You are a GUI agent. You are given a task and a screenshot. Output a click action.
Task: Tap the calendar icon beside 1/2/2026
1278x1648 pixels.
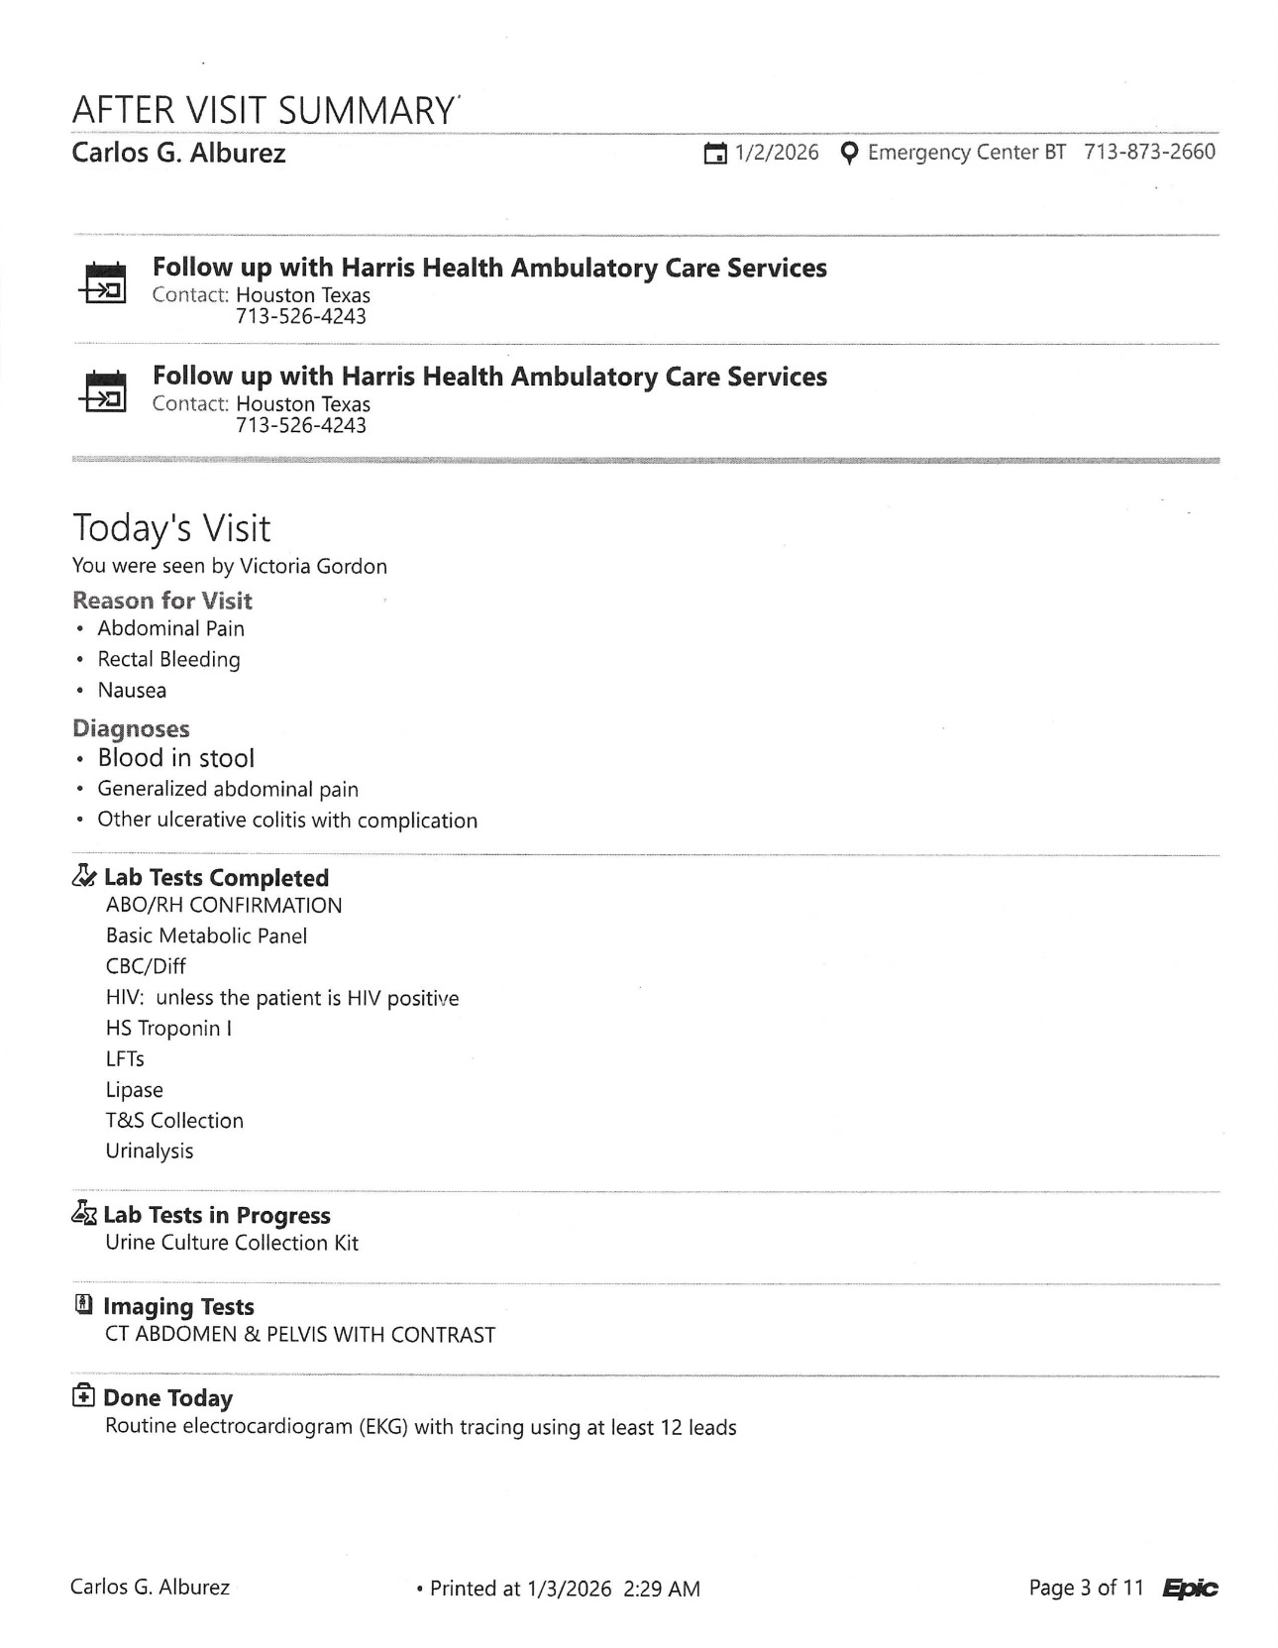point(714,154)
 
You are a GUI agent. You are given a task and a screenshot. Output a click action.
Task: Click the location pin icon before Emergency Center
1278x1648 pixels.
point(848,153)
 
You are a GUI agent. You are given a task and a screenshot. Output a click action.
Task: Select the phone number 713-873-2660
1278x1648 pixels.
point(1149,152)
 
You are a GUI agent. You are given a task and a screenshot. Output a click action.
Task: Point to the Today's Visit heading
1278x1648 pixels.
point(171,528)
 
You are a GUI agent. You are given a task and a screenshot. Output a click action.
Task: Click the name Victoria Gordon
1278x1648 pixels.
point(313,566)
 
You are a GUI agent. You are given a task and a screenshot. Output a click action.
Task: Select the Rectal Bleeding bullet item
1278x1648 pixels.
point(168,659)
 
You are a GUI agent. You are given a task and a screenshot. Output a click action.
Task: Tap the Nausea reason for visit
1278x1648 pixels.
point(132,690)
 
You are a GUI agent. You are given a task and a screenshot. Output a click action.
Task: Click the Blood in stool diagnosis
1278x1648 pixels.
point(175,758)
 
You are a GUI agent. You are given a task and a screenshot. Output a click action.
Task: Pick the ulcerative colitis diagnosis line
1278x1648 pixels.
point(287,820)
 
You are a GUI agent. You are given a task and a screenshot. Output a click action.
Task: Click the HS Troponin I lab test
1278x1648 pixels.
point(168,1028)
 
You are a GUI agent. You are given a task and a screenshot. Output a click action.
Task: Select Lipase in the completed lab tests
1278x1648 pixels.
point(135,1089)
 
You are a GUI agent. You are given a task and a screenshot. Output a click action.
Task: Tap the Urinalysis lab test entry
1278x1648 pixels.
point(150,1151)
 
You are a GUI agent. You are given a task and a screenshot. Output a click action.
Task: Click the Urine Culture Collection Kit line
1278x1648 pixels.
point(232,1243)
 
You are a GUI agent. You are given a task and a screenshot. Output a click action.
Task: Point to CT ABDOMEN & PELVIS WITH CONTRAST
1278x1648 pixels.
point(300,1334)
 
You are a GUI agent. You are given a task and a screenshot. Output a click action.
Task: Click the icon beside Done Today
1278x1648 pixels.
point(84,1396)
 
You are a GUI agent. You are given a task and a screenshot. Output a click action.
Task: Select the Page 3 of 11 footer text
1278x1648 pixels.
point(1086,1588)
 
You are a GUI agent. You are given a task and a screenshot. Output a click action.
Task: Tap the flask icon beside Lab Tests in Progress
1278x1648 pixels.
point(84,1213)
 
